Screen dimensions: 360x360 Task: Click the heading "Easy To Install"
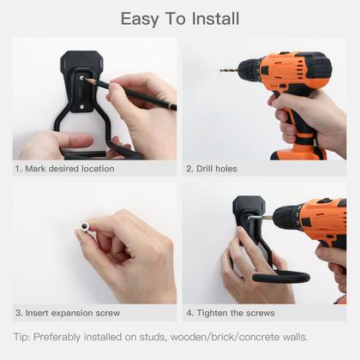point(179,18)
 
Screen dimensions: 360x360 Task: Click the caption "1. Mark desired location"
point(64,169)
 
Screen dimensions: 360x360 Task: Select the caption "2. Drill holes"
point(212,169)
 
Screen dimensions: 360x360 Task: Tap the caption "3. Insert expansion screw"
point(68,313)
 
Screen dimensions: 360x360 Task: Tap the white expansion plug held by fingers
point(87,228)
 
